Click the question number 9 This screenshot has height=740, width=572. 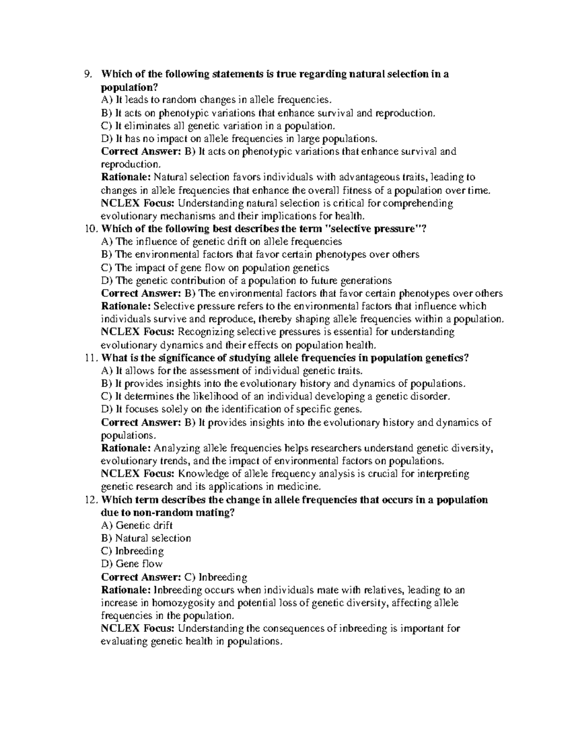pos(87,74)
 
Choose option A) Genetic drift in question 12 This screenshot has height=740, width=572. pos(137,526)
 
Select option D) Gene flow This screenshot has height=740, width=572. pos(132,564)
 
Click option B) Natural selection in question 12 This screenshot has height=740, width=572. pos(146,538)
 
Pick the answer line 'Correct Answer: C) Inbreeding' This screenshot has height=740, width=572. pos(174,578)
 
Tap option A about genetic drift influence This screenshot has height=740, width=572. pos(222,242)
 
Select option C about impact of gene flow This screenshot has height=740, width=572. pos(215,268)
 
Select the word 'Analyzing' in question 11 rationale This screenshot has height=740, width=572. pos(177,448)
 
